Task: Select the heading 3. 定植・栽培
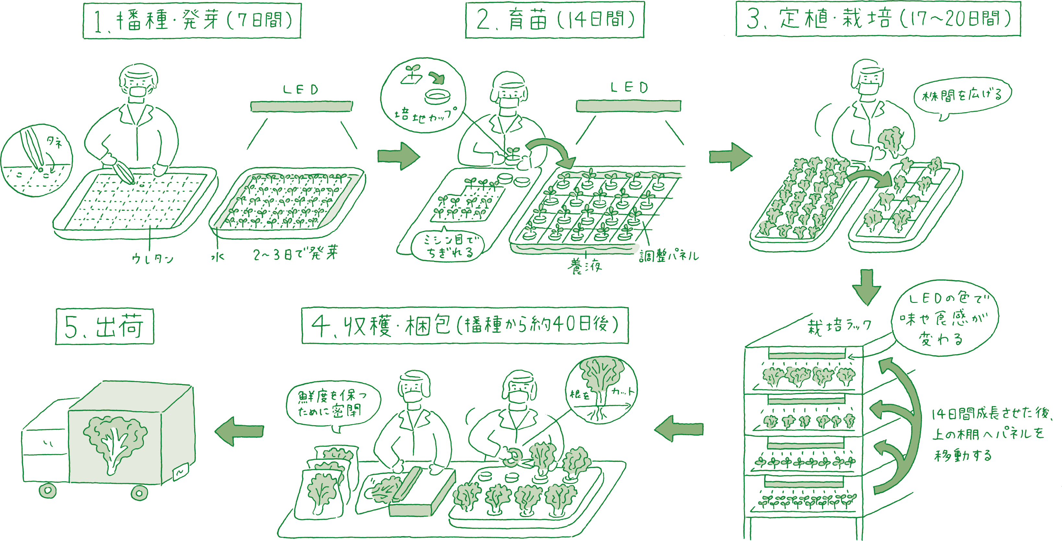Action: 878,19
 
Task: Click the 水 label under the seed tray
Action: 218,257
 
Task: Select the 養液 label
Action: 584,266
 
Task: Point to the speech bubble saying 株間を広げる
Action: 962,96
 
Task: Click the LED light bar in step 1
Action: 301,106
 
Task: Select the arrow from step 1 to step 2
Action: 398,156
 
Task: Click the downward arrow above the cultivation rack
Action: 867,287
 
